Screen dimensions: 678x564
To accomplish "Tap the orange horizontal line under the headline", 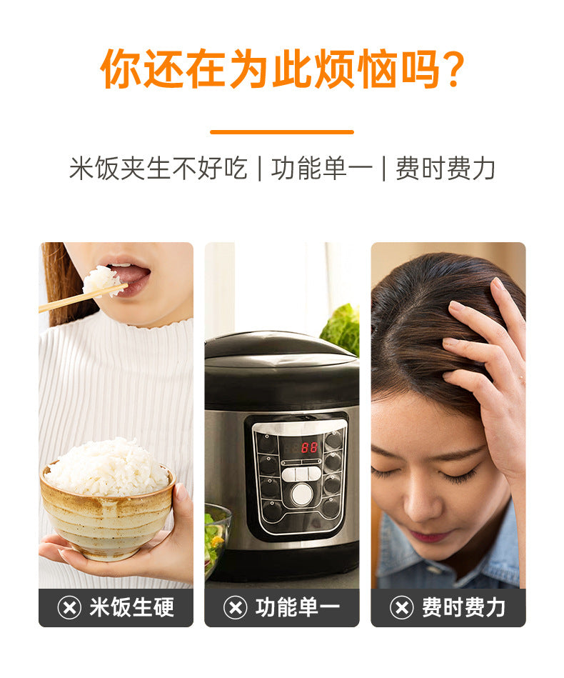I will click(x=282, y=131).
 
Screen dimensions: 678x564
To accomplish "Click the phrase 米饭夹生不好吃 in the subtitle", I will click(x=158, y=169).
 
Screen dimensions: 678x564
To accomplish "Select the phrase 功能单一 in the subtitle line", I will click(x=321, y=169).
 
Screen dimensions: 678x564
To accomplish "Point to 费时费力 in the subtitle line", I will click(x=445, y=169).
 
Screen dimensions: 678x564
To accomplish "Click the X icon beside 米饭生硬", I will click(x=69, y=608).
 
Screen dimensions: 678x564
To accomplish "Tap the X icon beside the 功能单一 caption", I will click(x=235, y=608).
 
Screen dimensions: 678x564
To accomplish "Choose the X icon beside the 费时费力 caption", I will click(x=401, y=608).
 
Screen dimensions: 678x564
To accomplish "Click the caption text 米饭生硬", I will click(x=131, y=608).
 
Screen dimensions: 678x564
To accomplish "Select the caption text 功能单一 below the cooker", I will click(x=298, y=608).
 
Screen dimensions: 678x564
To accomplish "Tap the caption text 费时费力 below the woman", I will click(x=463, y=608).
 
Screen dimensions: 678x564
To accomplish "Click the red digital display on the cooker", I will click(x=308, y=447).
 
